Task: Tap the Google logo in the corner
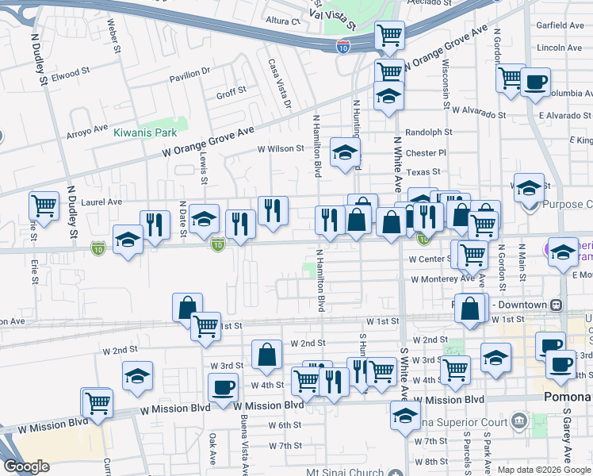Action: click(26, 466)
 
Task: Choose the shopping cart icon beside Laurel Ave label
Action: click(44, 205)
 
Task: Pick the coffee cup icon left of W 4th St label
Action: click(223, 387)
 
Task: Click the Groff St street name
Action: click(231, 93)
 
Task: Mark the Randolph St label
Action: click(428, 132)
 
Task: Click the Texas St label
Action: click(423, 172)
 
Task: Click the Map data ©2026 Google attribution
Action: click(543, 470)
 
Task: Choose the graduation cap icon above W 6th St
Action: click(405, 413)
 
